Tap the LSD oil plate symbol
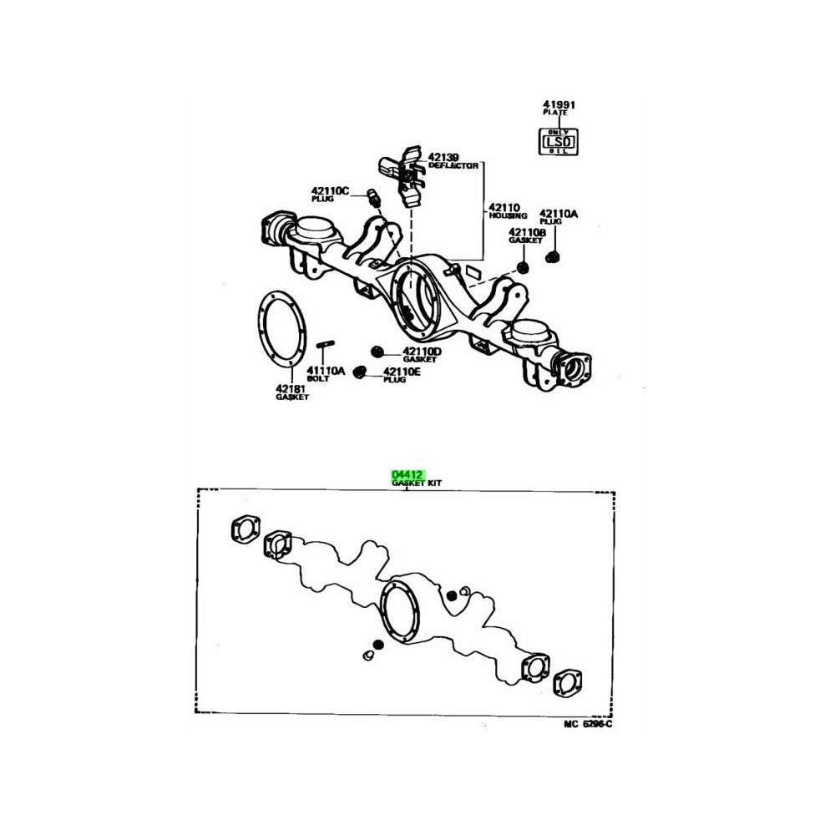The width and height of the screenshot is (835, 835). click(x=555, y=141)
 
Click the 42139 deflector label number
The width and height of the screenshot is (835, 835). click(x=444, y=157)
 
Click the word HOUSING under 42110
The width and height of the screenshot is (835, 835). click(x=508, y=216)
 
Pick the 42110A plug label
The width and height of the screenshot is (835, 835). click(x=558, y=214)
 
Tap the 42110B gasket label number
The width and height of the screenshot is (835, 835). click(x=527, y=230)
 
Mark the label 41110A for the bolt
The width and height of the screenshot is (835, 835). click(x=324, y=370)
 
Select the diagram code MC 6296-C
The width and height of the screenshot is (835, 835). click(x=582, y=722)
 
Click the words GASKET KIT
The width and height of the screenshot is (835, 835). click(x=417, y=483)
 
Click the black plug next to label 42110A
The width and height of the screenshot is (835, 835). click(x=553, y=254)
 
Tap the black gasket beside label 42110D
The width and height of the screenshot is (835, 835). click(x=377, y=349)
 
